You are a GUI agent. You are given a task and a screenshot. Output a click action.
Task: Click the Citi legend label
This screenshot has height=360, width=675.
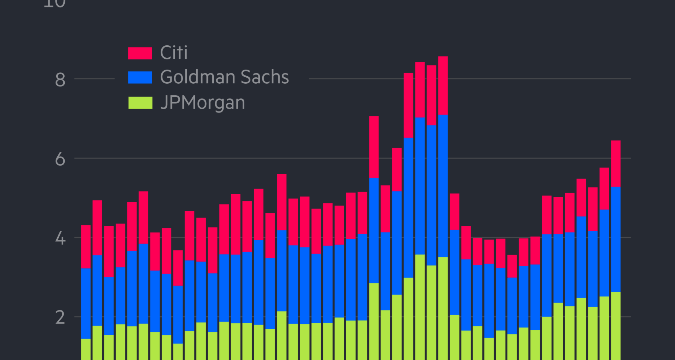click(x=174, y=53)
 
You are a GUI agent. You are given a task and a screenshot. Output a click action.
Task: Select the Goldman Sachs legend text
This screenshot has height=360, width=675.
click(x=224, y=77)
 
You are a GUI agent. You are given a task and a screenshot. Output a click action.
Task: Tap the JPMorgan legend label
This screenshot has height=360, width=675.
click(x=202, y=103)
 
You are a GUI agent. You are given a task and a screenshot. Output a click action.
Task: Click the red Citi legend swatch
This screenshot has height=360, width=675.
click(x=140, y=53)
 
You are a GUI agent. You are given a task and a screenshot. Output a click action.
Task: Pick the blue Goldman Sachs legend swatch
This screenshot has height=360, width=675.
click(x=140, y=77)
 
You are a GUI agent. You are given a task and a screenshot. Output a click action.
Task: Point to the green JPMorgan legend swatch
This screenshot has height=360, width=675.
click(x=140, y=103)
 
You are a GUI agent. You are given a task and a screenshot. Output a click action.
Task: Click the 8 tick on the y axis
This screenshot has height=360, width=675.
click(x=60, y=80)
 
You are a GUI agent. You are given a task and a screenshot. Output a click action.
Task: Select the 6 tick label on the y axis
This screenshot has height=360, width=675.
click(x=60, y=159)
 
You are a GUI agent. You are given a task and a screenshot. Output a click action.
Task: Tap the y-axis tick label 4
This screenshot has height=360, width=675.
click(x=60, y=239)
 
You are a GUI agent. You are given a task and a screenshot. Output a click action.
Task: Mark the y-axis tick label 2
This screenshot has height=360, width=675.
click(x=60, y=318)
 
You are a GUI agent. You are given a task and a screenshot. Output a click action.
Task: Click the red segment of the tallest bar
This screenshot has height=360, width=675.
click(x=443, y=85)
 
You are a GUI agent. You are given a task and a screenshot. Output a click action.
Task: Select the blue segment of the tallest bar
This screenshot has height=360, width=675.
click(x=443, y=186)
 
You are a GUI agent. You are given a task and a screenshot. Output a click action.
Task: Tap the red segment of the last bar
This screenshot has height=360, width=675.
click(x=616, y=163)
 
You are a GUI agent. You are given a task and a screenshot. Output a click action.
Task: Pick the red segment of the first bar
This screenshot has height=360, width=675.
click(x=86, y=246)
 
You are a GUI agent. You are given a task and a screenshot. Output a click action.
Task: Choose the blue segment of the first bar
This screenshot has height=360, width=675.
click(x=86, y=303)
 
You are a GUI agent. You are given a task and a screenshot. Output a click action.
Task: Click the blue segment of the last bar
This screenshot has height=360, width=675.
click(x=616, y=239)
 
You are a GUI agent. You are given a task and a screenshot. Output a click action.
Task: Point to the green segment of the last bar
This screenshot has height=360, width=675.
click(x=616, y=325)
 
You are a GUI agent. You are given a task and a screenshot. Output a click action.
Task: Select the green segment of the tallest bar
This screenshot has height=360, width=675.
click(x=443, y=308)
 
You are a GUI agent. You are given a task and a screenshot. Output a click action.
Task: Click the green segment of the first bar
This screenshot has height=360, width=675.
click(x=86, y=349)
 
